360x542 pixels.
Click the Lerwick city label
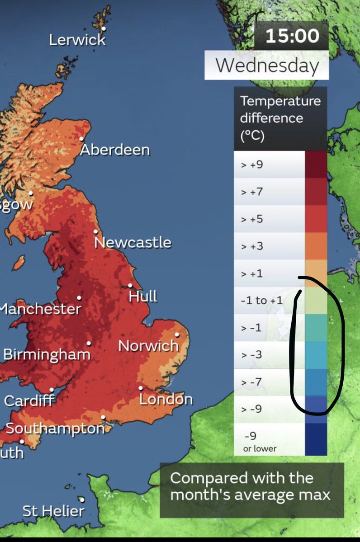click(x=77, y=40)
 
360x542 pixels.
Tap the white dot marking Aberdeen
click(x=82, y=139)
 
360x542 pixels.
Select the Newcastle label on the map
click(x=133, y=242)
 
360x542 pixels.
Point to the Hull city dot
click(x=130, y=285)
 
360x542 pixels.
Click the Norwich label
click(x=148, y=346)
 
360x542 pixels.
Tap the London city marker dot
click(x=141, y=388)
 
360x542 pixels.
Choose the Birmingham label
click(x=47, y=354)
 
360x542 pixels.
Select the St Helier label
click(x=53, y=511)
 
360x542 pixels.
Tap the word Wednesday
click(x=267, y=66)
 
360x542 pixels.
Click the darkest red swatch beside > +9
click(x=316, y=165)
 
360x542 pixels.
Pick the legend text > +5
click(x=252, y=219)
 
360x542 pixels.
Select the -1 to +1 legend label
click(x=261, y=300)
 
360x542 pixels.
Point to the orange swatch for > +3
click(x=316, y=246)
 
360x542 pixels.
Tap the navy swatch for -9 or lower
click(x=316, y=438)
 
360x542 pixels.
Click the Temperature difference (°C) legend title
click(x=280, y=118)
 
